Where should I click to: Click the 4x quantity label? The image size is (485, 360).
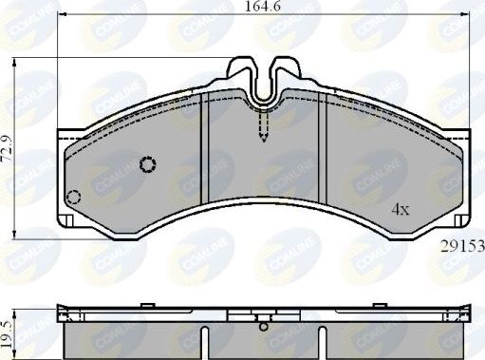(x=402, y=210)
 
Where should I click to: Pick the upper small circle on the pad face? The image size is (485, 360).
(x=147, y=165)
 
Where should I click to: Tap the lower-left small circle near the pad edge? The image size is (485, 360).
(x=74, y=198)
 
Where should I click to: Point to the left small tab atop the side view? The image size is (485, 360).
(x=146, y=305)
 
